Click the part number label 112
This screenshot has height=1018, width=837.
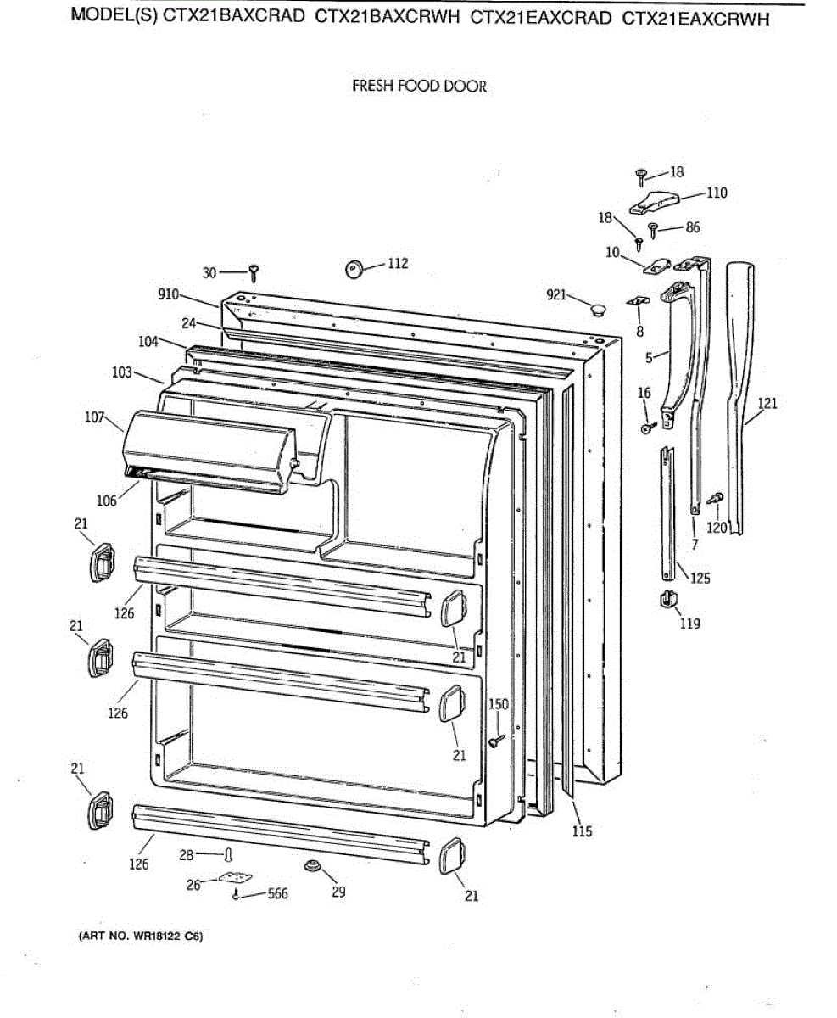click(398, 263)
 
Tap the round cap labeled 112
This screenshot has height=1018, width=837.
click(354, 269)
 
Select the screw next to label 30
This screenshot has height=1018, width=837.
click(254, 272)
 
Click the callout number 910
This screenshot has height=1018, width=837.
click(168, 294)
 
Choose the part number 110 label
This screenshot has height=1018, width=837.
click(717, 193)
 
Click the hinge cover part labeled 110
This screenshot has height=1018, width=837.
click(656, 203)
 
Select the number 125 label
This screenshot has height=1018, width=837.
click(700, 579)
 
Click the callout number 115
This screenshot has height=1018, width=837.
click(582, 831)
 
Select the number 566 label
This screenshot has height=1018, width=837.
click(277, 892)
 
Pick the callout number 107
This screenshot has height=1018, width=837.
click(95, 417)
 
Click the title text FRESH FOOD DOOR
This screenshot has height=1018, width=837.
click(419, 87)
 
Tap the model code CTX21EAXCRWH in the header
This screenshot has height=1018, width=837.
click(696, 20)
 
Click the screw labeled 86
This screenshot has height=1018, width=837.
click(653, 228)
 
